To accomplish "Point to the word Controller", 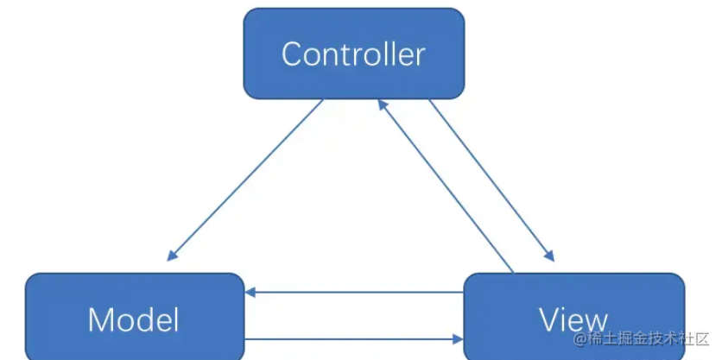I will point(354,54).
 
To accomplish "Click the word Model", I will point(134,320).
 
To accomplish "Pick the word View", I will point(573,319).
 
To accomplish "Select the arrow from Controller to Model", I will point(245,180).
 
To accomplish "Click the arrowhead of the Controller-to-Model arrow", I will point(173,255).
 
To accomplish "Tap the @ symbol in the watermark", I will point(580,338).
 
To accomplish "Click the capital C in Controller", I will point(292,54).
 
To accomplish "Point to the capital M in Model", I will point(101,320).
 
